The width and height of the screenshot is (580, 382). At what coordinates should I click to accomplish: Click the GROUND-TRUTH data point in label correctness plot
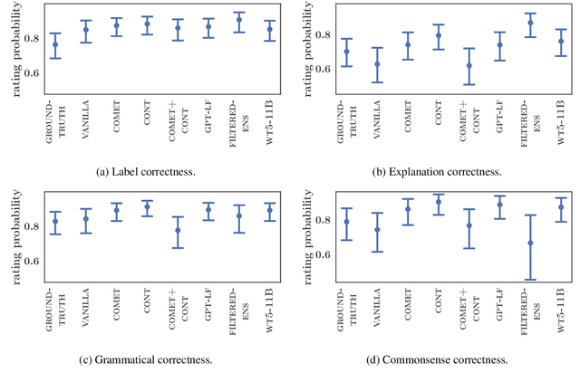point(55,44)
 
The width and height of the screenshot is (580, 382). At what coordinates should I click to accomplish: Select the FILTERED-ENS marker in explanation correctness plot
point(530,23)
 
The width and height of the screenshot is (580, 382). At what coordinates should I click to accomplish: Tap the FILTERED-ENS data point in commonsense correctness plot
point(530,243)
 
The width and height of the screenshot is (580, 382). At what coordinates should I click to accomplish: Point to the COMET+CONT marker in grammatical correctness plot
point(178,230)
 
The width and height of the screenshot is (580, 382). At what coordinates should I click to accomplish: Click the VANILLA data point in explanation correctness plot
point(377,64)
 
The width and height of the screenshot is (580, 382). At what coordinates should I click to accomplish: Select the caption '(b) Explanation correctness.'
point(438,169)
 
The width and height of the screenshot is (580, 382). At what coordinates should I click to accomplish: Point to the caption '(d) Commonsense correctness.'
point(438,359)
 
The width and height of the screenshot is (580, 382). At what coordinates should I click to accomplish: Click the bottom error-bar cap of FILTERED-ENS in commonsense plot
point(530,280)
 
